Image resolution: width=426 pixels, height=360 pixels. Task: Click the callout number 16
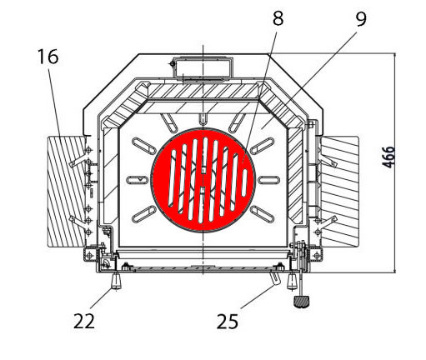[x=48, y=57]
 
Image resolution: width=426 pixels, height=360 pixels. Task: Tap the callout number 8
[x=278, y=18]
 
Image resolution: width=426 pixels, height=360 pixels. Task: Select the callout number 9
[x=360, y=18]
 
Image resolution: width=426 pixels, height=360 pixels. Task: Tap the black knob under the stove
[x=300, y=298]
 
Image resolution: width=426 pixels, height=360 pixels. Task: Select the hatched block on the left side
[x=68, y=191]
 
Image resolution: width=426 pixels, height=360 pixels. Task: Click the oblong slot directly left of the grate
[x=133, y=180]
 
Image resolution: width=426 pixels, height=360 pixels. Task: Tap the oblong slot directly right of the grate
[x=270, y=180]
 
